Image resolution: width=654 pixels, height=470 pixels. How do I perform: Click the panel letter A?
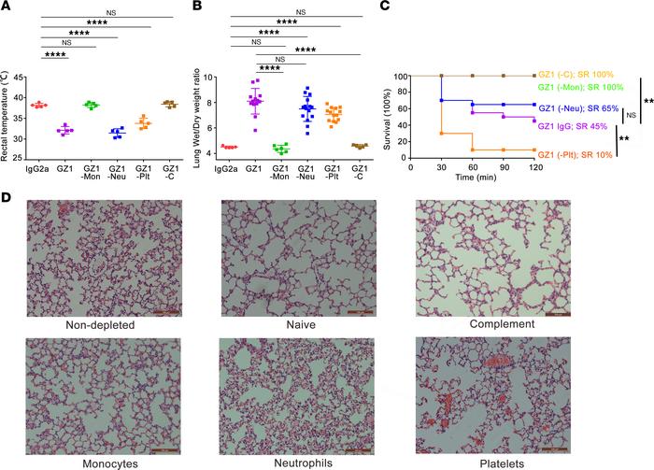tap(7, 7)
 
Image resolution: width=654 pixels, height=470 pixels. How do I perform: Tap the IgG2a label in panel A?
tap(39, 167)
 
